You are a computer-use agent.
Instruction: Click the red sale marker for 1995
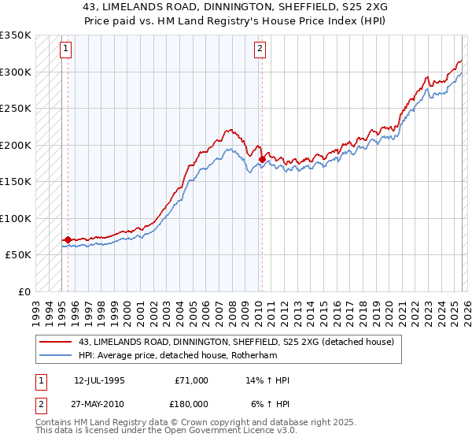click(68, 239)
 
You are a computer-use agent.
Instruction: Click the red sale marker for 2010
click(262, 160)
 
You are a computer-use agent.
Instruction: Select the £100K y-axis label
click(16, 218)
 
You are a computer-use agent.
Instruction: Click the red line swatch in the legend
click(57, 342)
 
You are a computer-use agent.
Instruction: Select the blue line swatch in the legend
click(57, 355)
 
